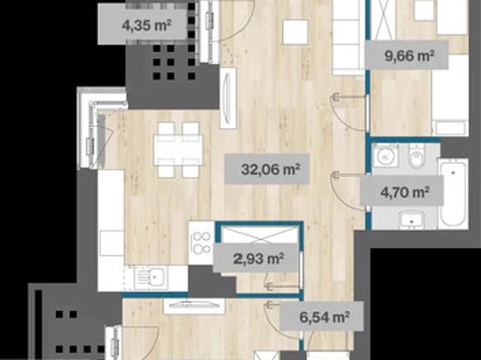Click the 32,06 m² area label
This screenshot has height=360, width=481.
click(x=267, y=168)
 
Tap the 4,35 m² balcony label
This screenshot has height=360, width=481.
click(x=146, y=25)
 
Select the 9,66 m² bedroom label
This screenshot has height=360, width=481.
click(x=410, y=56)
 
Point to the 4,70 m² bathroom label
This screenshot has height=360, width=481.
click(x=404, y=192)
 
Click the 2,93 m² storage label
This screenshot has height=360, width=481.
click(x=258, y=259)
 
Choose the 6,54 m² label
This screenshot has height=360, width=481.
click(x=324, y=316)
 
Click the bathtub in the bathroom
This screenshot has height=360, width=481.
click(x=453, y=194)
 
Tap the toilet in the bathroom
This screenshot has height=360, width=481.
click(x=416, y=156)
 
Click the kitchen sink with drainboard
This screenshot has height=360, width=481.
click(x=150, y=278)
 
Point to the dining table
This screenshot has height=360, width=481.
click(x=178, y=150)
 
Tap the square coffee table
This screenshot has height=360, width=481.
click(x=295, y=32)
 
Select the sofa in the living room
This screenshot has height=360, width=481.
click(x=349, y=38)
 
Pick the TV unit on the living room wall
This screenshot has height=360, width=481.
click(x=228, y=98)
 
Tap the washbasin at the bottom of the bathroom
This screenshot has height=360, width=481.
click(x=411, y=219)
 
